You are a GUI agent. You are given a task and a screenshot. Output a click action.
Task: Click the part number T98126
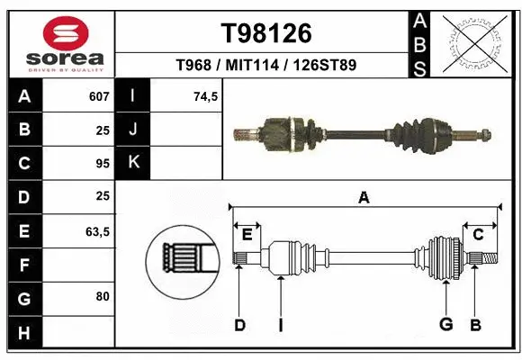pyautogui.click(x=266, y=33)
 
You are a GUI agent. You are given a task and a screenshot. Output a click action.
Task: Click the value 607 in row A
pyautogui.click(x=98, y=96)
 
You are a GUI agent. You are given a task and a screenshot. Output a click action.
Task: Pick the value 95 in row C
pyautogui.click(x=101, y=164)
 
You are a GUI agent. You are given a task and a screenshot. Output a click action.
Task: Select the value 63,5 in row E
pyautogui.click(x=96, y=231)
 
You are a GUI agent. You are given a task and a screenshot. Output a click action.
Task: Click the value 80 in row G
pyautogui.click(x=101, y=297)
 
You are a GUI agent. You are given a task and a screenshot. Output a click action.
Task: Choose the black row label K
pyautogui.click(x=133, y=163)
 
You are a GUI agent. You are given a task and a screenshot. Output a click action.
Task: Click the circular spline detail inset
pyautogui.click(x=184, y=260)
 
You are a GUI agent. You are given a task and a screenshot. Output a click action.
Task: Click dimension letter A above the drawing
pyautogui.click(x=364, y=198)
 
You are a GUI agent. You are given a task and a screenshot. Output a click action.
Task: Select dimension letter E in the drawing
pyautogui.click(x=247, y=234)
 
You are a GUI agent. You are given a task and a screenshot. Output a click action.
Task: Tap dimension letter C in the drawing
pyautogui.click(x=478, y=234)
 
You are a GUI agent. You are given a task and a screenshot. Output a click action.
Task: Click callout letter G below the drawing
pyautogui.click(x=445, y=324)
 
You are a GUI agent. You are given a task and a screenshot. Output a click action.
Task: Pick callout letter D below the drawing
pyautogui.click(x=239, y=324)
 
